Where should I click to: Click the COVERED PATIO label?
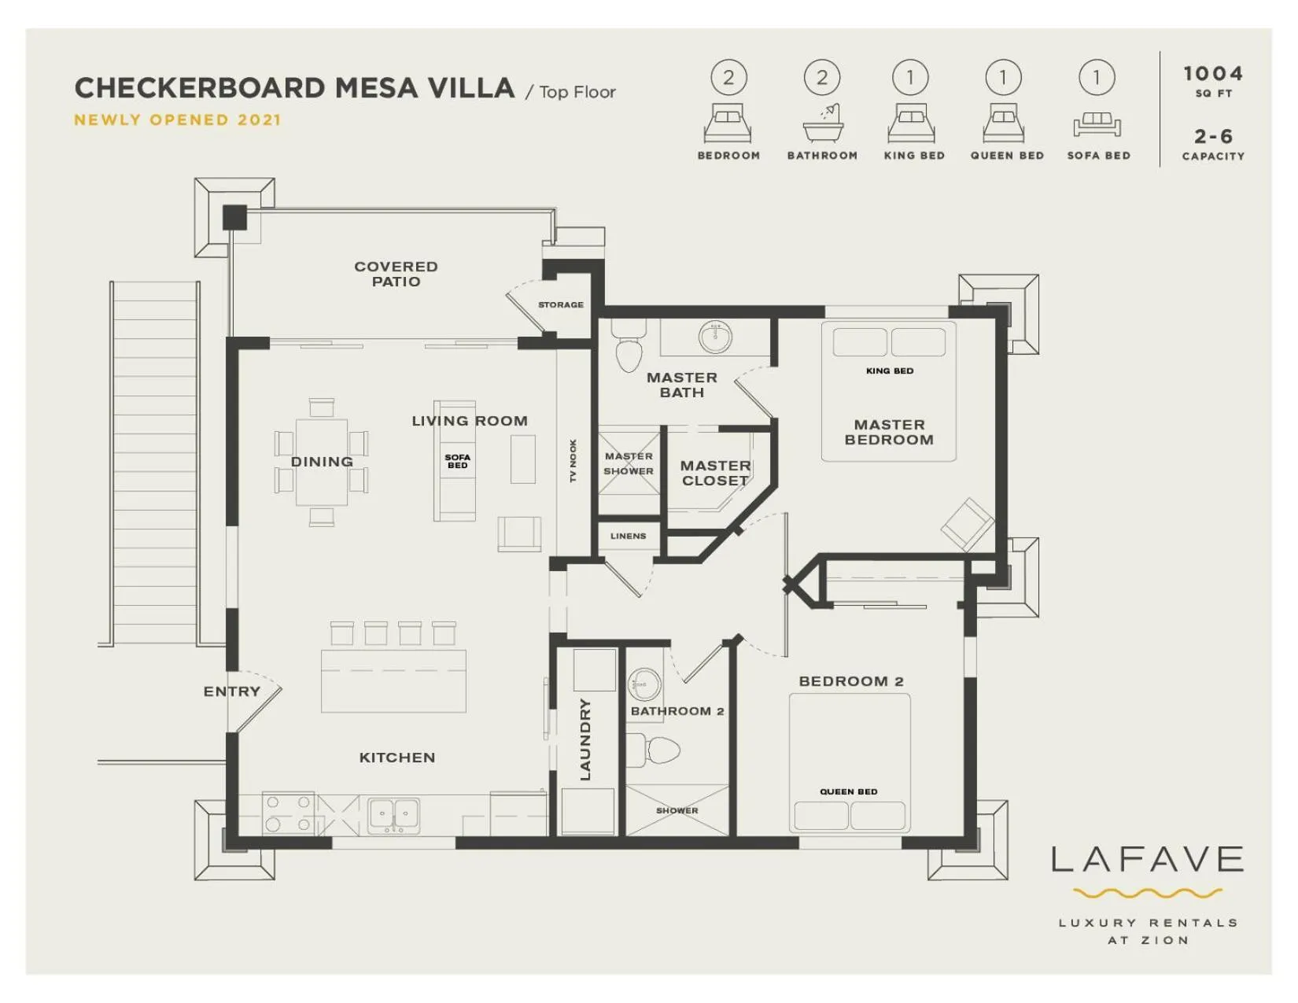coord(396,274)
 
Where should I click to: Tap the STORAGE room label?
coord(561,304)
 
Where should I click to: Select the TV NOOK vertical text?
coord(573,461)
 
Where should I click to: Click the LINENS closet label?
coord(628,536)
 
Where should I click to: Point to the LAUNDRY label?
coord(584,739)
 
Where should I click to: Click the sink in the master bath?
coord(715,337)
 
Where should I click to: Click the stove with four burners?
coord(288,813)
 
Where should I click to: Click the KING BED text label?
coord(890,371)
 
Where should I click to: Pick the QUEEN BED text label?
coord(848,791)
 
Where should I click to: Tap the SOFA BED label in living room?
coord(457,461)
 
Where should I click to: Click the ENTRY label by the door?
coord(231,691)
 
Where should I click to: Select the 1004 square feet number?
coord(1212,74)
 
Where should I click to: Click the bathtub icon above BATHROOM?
coord(823,124)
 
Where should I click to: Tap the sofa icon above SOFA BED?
coord(1097,124)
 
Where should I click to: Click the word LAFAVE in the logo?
coord(1147,860)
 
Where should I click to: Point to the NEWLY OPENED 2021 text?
coord(177,120)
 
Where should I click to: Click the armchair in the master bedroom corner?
coord(967,523)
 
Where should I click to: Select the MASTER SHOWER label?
coord(629,463)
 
